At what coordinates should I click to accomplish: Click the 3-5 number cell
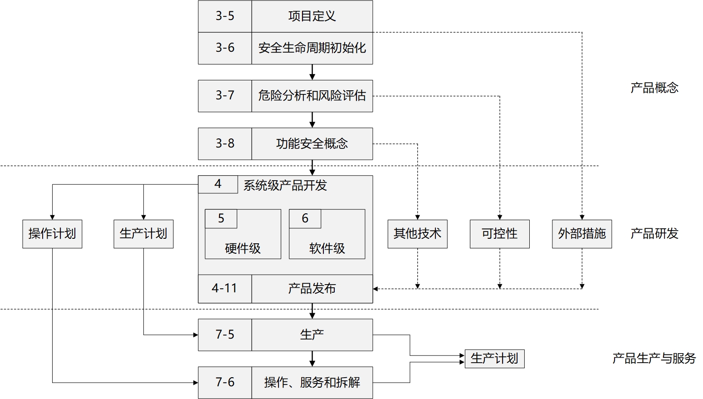(225, 16)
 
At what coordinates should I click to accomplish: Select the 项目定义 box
(312, 16)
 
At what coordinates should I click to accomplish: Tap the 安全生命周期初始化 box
(312, 48)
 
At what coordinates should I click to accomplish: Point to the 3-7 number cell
(225, 96)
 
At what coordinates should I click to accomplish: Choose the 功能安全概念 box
(312, 144)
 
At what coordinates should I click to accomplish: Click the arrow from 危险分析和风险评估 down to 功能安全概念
(312, 120)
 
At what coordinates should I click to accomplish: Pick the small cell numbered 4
(218, 184)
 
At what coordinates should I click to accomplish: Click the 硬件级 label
(243, 248)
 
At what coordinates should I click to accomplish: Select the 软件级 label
(327, 248)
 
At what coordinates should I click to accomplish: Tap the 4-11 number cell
(225, 289)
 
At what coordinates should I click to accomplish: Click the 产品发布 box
(312, 289)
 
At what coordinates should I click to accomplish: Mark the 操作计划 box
(52, 234)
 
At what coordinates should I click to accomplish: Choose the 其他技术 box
(417, 234)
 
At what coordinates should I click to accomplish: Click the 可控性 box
(499, 234)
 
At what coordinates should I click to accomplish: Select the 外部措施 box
(582, 234)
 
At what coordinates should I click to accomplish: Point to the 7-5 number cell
(225, 335)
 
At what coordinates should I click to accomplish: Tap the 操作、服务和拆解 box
(312, 383)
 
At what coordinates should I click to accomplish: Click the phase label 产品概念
(654, 88)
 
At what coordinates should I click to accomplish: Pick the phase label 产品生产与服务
(654, 359)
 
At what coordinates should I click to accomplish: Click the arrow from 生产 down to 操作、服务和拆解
(312, 359)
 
